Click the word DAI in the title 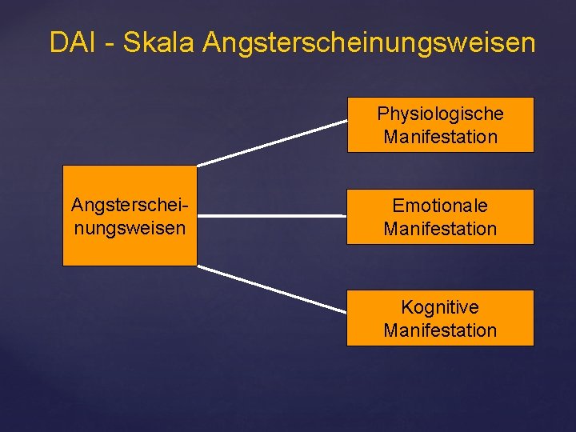coord(73,42)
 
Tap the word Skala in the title coord(159,42)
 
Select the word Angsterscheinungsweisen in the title coord(369,43)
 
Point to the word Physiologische coord(440,114)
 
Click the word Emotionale coord(440,206)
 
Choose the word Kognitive coord(440,307)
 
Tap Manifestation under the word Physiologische coord(440,137)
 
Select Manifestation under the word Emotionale coord(440,229)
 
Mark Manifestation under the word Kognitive coord(440,330)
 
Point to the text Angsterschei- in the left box coord(130,206)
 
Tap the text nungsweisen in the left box coord(130,228)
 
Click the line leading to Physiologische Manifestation coord(272,143)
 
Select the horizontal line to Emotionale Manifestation coord(272,215)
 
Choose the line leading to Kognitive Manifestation coord(272,289)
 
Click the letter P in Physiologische coord(382,113)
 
